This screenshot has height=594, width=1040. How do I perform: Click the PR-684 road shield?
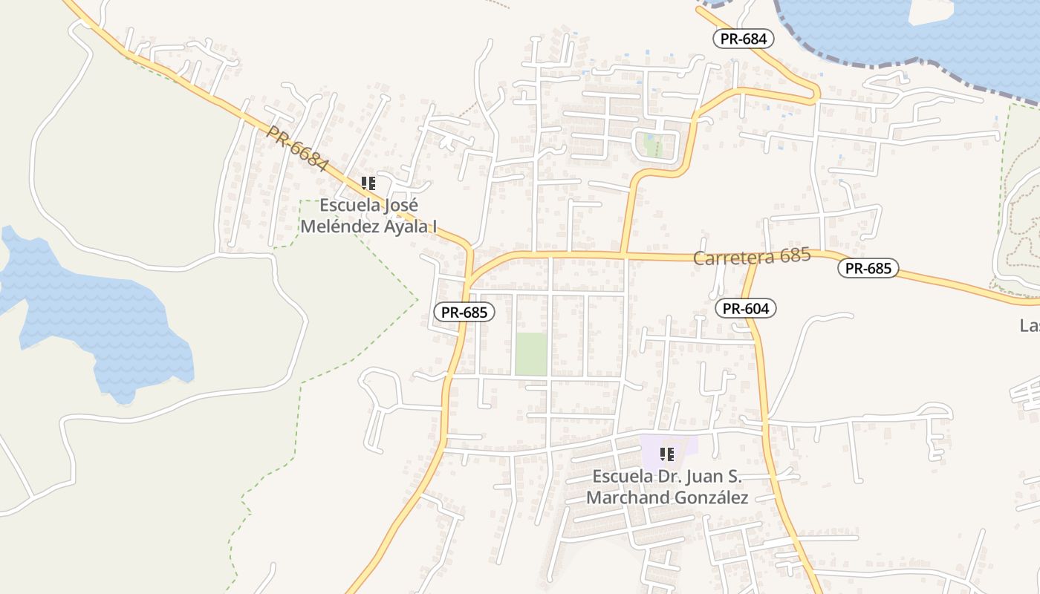coord(744,39)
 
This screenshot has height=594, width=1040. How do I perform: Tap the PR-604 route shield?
coord(746,308)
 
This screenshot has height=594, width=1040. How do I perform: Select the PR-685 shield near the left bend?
coord(464,313)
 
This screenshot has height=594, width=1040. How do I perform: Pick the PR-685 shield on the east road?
coord(868,268)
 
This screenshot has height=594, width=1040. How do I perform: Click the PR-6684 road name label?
coord(296,148)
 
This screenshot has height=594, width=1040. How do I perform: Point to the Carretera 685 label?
coord(751,257)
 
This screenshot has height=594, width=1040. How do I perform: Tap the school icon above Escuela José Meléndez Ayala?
coord(368,183)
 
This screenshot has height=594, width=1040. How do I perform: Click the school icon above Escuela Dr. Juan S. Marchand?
coord(666,454)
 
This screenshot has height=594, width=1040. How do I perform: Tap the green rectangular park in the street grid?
coord(531,353)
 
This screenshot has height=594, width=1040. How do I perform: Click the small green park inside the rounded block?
coord(653,144)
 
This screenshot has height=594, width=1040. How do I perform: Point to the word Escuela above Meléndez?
coord(351,206)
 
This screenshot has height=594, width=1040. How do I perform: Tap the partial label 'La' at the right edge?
coord(1030,326)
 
